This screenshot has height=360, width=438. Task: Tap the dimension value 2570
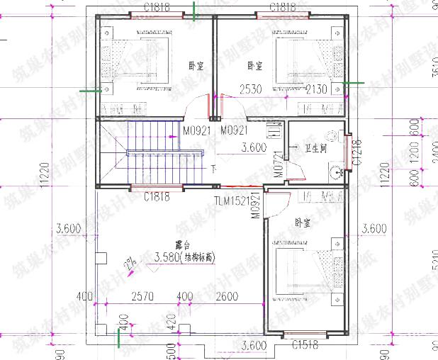click(144, 296)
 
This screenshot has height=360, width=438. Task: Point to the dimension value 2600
click(226, 296)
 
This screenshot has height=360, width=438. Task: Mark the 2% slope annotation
click(130, 265)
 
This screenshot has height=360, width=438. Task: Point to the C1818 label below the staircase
click(156, 197)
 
